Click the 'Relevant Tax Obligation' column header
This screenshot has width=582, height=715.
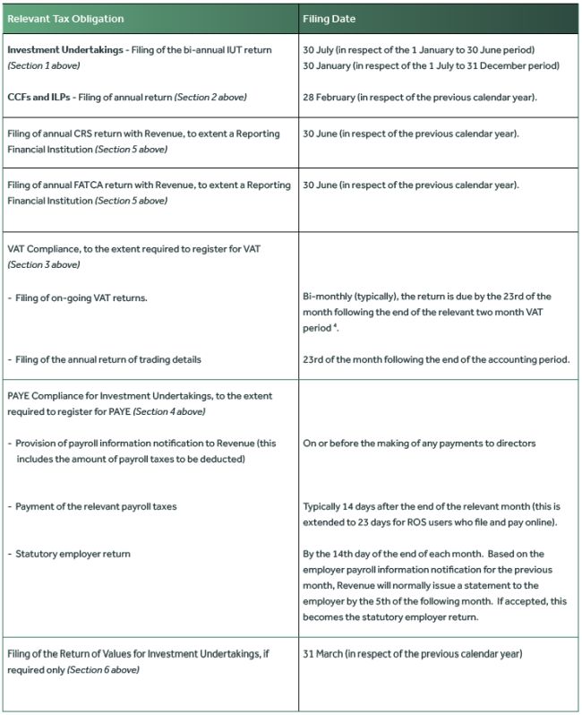[65, 19]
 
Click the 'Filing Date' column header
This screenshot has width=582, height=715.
[330, 19]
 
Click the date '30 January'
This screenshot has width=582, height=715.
[326, 65]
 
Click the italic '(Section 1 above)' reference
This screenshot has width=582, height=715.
[40, 65]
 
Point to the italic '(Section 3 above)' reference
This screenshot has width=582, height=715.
[43, 264]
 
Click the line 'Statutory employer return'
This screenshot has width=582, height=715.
[73, 554]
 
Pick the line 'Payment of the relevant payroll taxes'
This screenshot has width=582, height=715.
[96, 506]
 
